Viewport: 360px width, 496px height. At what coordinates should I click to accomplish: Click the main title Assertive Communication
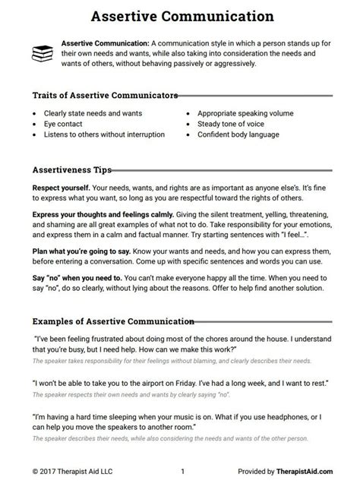click(x=179, y=14)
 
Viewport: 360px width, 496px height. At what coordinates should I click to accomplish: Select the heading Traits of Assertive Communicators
click(x=106, y=96)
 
